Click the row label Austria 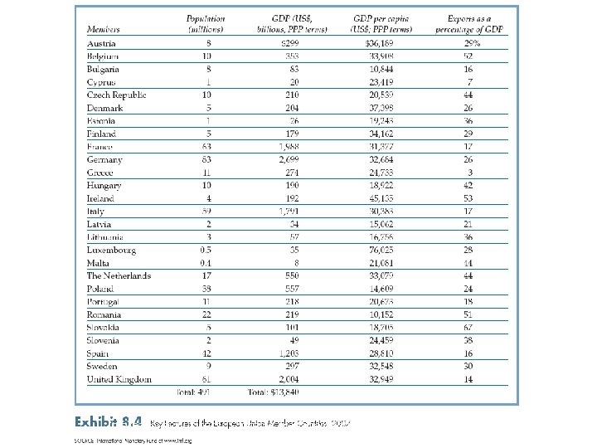coord(103,43)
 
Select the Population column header coord(206,24)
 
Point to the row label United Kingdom coord(119,379)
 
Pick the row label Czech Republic coord(117,95)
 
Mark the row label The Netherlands coord(119,275)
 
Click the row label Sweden coord(102,366)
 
